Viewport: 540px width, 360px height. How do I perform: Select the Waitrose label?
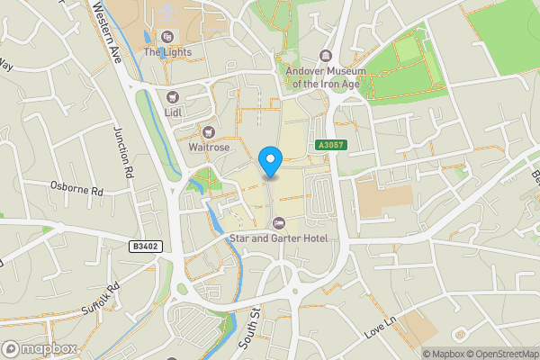tap(209, 147)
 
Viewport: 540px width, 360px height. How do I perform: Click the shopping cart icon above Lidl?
tap(174, 96)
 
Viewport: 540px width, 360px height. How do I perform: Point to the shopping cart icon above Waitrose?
tap(209, 131)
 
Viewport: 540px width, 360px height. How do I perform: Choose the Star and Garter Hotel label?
tap(278, 238)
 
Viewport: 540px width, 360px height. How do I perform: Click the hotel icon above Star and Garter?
tap(278, 222)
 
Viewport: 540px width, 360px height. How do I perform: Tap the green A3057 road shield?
tap(329, 145)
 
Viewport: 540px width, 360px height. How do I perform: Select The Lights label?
tap(166, 52)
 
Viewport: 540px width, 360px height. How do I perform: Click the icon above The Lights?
tap(166, 37)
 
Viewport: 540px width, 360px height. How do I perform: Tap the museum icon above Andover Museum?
tap(327, 56)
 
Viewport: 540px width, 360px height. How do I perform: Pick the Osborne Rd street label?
tap(77, 191)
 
